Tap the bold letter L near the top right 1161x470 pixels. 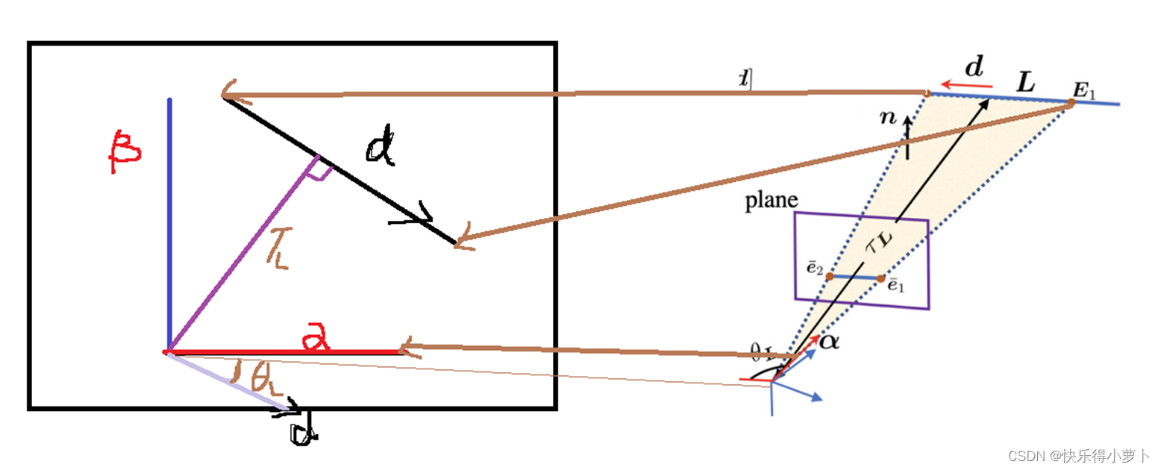1027,83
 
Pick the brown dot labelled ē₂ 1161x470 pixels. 830,276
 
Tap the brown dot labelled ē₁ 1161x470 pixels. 880,279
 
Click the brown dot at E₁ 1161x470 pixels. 1070,104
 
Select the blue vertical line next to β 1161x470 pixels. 169,224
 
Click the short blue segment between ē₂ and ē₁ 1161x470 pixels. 855,278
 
